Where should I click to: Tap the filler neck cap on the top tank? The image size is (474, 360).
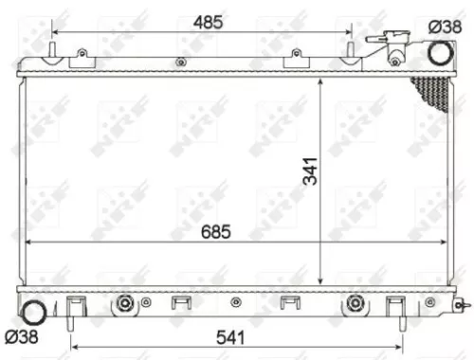pyautogui.click(x=390, y=43)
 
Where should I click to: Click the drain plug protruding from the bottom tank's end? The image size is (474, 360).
pyautogui.click(x=460, y=304)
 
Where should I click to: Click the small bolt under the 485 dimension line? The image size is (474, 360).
pyautogui.click(x=179, y=63)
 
